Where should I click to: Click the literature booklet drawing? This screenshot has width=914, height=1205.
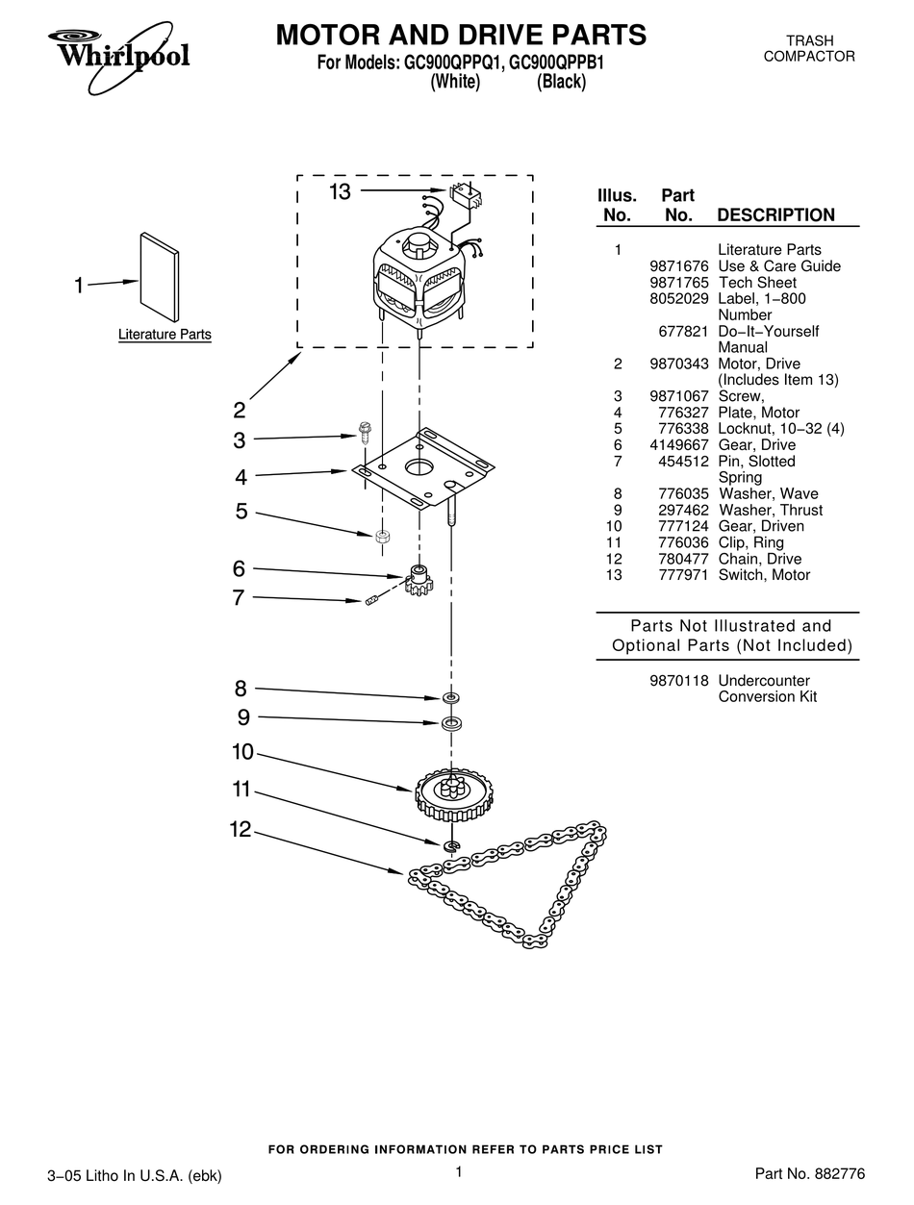point(159,277)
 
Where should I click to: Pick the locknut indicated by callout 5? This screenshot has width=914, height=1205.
point(381,535)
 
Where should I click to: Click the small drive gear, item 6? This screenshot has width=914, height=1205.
point(419,581)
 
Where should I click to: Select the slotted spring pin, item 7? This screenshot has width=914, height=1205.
point(371,603)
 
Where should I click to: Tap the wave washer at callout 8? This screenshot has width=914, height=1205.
point(450,696)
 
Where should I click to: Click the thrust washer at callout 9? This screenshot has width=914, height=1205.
point(450,723)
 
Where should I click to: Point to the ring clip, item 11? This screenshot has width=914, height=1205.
point(451,846)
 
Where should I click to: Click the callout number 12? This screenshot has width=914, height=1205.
point(240,830)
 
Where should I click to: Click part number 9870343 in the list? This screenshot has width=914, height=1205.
point(678,364)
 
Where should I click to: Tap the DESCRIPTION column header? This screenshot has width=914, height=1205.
point(775,215)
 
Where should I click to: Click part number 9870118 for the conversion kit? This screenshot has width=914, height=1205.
point(678,680)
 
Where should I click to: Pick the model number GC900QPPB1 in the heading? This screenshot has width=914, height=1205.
point(561,63)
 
